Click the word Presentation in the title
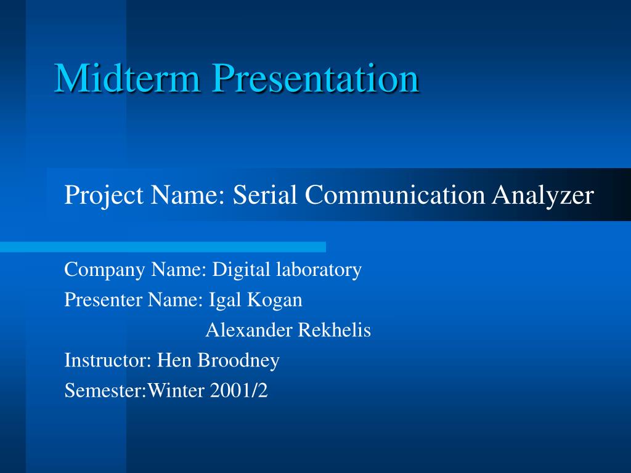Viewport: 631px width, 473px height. (315, 79)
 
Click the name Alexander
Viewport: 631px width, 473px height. (249, 330)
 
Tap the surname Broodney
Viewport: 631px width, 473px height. (239, 360)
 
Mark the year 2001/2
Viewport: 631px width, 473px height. (239, 390)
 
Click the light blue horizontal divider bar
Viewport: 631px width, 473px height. (163, 247)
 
